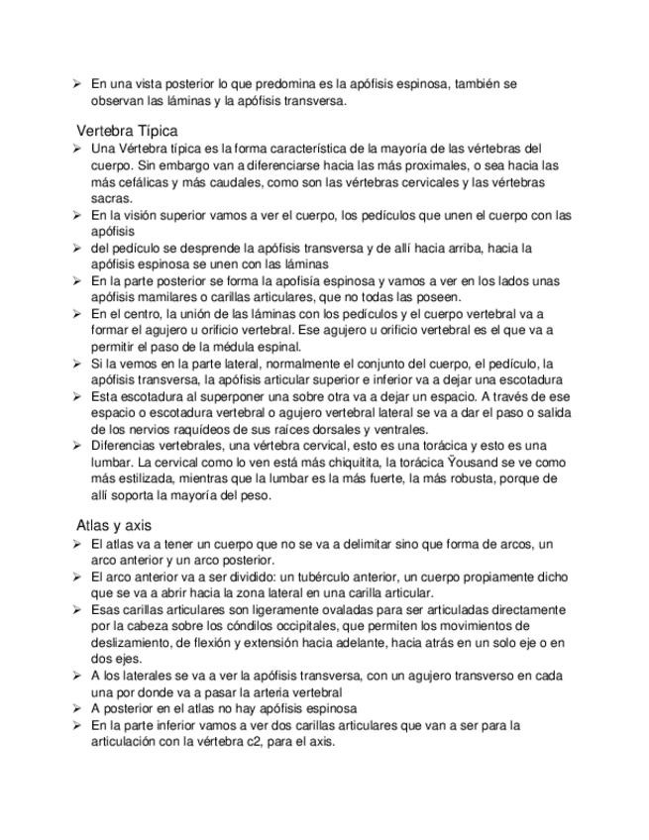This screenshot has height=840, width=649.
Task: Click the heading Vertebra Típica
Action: pyautogui.click(x=127, y=130)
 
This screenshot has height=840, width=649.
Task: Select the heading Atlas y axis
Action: pyautogui.click(x=114, y=525)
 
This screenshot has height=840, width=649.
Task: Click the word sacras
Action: pyautogui.click(x=109, y=198)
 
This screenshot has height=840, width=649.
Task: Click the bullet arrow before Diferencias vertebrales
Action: pyautogui.click(x=77, y=445)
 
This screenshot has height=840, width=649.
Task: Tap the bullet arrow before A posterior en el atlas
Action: pyautogui.click(x=77, y=708)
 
